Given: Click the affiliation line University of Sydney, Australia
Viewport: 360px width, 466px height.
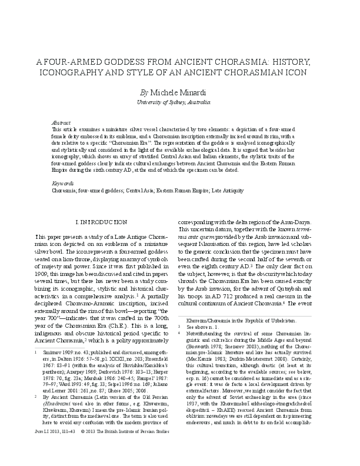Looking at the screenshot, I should tap(180, 102).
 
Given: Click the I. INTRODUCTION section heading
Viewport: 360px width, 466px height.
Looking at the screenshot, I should tap(103, 205).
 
